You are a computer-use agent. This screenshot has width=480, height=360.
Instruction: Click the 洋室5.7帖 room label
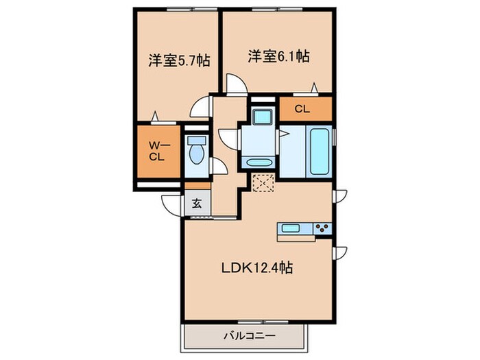click(x=178, y=60)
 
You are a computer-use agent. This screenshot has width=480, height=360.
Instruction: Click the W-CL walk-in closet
click(x=158, y=149)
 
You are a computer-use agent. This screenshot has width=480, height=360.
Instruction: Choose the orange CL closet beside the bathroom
click(x=302, y=109)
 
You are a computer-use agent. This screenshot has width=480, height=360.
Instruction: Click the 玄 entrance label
click(x=196, y=203)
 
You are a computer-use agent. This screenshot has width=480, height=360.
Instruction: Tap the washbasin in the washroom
click(x=258, y=163)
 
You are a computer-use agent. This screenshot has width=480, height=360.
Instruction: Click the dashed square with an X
click(x=263, y=182)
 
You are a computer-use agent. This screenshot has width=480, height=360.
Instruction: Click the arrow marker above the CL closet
click(x=315, y=87)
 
